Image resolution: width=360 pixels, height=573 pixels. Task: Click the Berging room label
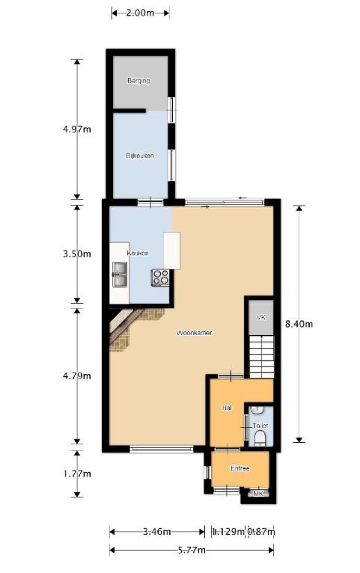(x=138, y=81)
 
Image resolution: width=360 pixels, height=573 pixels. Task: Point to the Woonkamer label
(x=194, y=332)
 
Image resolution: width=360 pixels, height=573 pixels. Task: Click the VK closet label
(x=260, y=318)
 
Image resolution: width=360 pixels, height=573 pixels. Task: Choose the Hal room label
(x=225, y=408)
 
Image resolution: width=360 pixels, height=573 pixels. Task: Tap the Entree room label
(x=240, y=468)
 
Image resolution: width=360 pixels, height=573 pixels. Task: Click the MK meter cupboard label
(x=259, y=494)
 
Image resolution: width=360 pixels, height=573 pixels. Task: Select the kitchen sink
(x=120, y=275)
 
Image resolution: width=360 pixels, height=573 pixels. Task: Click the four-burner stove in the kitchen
(x=162, y=277)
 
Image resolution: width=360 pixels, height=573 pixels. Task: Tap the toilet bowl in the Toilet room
(x=260, y=436)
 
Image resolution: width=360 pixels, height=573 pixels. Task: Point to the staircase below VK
(x=261, y=357)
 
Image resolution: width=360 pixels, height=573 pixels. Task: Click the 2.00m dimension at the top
(x=140, y=13)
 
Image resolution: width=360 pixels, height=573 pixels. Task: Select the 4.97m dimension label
(x=77, y=129)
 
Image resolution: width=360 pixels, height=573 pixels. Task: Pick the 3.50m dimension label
(x=77, y=254)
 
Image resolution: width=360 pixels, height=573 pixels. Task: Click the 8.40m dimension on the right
(x=299, y=324)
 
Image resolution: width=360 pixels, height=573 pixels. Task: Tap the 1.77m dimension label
(x=77, y=474)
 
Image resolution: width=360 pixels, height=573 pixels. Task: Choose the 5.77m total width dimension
(x=192, y=551)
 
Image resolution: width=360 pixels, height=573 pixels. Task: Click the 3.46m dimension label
(x=156, y=532)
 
